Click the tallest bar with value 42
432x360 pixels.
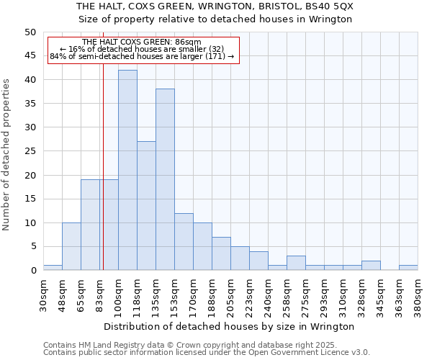(x=127, y=170)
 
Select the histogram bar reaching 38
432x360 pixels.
(x=165, y=179)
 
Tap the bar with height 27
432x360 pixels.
(x=146, y=206)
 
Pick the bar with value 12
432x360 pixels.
(x=184, y=242)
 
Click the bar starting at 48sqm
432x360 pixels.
(x=71, y=246)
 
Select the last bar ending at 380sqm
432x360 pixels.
(x=408, y=268)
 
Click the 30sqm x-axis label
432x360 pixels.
(x=44, y=295)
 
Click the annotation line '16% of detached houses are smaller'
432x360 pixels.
(x=142, y=49)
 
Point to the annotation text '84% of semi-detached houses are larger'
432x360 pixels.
(x=142, y=56)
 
